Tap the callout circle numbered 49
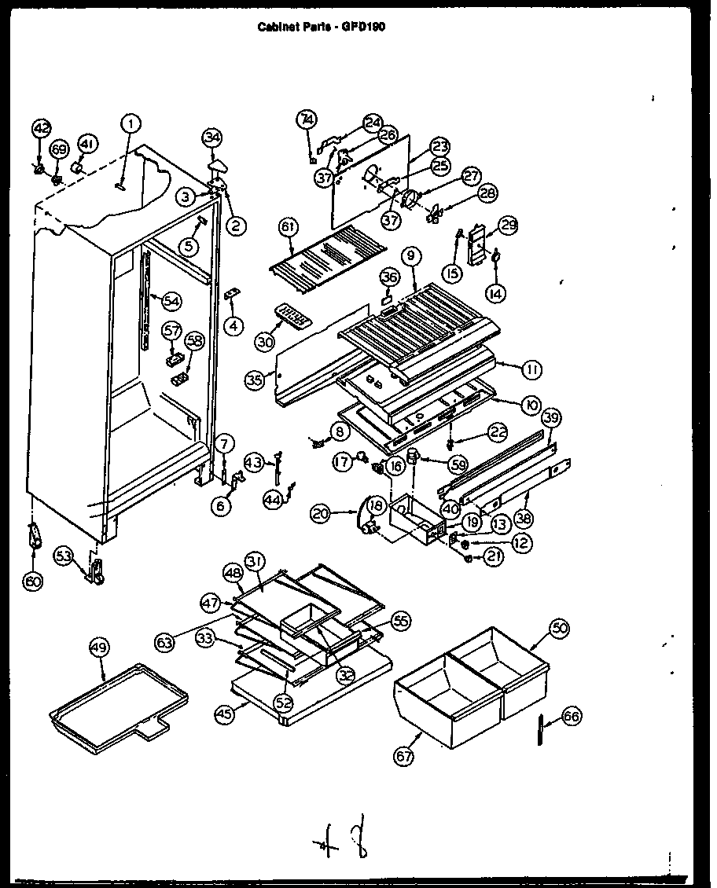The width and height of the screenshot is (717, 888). (x=98, y=648)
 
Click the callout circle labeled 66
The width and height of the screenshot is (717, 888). (x=572, y=716)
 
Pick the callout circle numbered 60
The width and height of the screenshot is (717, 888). (x=33, y=582)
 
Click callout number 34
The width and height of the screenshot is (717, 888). (x=211, y=137)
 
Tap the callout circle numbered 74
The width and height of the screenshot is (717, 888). (x=307, y=119)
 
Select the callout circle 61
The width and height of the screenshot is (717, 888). (x=289, y=227)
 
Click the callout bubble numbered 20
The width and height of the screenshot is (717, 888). (x=320, y=514)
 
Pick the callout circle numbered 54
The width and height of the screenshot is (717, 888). (x=171, y=299)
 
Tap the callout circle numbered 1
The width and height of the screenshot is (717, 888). (x=131, y=123)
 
